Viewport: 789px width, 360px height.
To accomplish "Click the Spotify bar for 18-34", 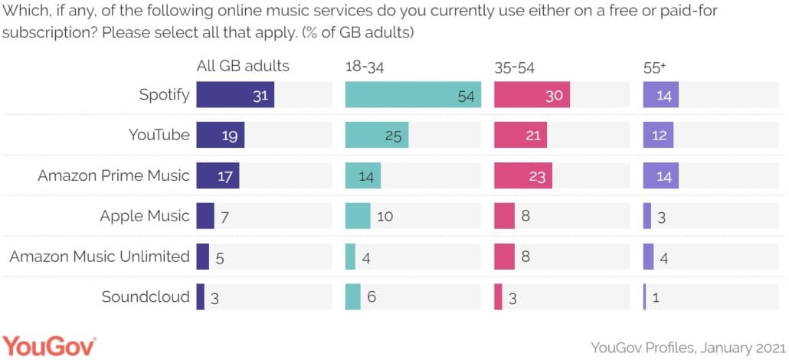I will [413, 96].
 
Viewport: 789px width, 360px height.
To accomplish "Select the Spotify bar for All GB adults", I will [235, 96].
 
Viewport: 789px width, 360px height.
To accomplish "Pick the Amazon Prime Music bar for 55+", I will [658, 175].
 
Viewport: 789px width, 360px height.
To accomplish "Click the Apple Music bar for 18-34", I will [358, 215].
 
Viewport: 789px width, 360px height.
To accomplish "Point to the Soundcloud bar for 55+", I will [645, 296].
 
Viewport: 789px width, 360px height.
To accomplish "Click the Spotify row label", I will [164, 95].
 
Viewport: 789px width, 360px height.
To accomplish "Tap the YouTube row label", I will [159, 135].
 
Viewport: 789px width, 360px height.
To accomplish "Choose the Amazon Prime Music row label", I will [113, 175].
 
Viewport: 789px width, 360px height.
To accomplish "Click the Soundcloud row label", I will [146, 296].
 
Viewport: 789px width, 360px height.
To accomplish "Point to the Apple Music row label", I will [144, 215].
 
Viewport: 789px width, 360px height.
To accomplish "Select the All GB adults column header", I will [243, 66].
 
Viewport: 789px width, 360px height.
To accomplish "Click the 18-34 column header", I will [365, 67].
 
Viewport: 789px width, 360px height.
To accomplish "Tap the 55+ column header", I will [654, 67].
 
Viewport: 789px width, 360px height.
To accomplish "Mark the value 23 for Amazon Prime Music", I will [537, 176].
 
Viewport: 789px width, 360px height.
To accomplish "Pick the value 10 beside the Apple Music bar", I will [385, 216].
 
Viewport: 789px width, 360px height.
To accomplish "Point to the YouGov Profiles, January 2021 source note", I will [686, 346].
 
